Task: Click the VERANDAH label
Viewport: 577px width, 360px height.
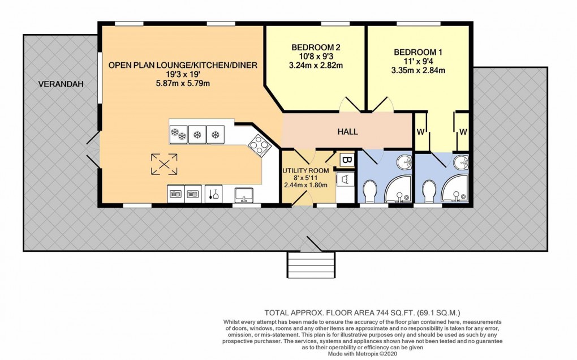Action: pyautogui.click(x=61, y=84)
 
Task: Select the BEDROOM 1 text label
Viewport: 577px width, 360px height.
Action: pyautogui.click(x=418, y=52)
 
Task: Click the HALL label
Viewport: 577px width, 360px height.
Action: pyautogui.click(x=347, y=131)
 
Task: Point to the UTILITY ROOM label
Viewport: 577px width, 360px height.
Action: pyautogui.click(x=305, y=170)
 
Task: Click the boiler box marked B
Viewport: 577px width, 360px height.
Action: pyautogui.click(x=346, y=160)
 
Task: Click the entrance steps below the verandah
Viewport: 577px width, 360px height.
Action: pyautogui.click(x=309, y=264)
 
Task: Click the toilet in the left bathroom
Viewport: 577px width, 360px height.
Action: pyautogui.click(x=369, y=191)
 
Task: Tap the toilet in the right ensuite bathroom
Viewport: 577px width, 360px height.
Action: pyautogui.click(x=428, y=191)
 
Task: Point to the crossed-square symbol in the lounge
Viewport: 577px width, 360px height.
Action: pyautogui.click(x=164, y=164)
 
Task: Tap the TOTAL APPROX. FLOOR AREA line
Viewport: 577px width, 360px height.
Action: pyautogui.click(x=362, y=312)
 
